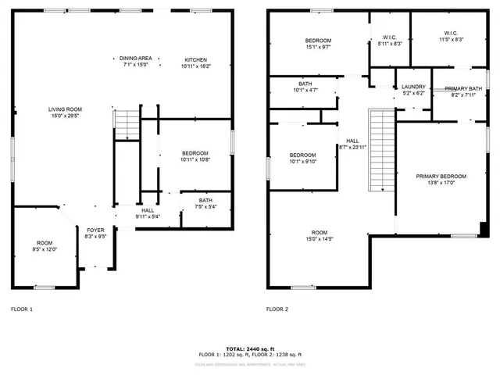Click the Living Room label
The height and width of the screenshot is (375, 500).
(65, 109)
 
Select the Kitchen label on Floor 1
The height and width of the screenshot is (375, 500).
(195, 60)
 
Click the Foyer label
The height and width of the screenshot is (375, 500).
(95, 230)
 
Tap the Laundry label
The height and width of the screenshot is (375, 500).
(412, 87)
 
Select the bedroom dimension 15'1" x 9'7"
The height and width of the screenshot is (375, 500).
(318, 47)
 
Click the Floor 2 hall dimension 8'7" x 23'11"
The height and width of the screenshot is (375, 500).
(353, 148)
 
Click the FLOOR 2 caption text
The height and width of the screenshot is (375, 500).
(277, 309)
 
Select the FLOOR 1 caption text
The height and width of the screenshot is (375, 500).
(22, 309)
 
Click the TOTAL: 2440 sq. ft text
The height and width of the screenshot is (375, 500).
(250, 348)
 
